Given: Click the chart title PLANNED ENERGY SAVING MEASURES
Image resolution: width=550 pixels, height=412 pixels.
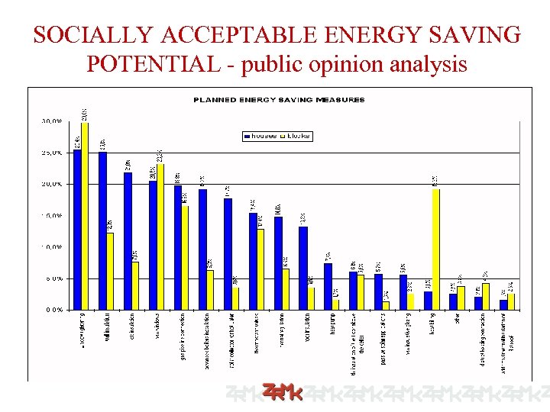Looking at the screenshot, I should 279,100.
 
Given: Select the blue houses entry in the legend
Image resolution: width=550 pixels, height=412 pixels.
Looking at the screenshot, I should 260,136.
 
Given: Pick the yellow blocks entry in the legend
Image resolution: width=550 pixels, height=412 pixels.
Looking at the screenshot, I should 296,136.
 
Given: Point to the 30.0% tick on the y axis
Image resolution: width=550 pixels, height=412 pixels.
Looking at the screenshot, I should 51,121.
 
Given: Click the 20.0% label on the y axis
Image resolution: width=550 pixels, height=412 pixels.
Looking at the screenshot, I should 51,184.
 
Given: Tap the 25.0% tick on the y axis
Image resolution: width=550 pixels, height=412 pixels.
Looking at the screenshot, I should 51,153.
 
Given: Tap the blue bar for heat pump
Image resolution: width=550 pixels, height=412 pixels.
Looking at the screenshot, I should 328,286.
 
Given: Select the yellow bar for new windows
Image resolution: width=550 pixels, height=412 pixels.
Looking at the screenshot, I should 160,237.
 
